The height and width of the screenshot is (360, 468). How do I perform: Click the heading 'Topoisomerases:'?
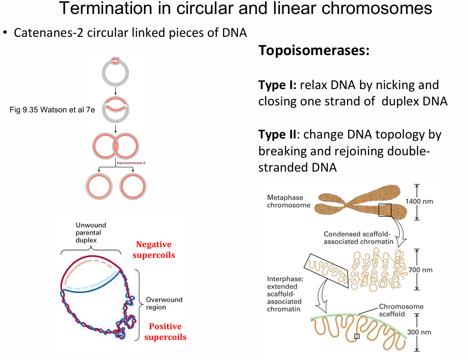pos(314,50)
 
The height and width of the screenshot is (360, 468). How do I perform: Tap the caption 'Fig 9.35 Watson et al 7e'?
pos(52,110)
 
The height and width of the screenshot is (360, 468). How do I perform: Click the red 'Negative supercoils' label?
pos(154,249)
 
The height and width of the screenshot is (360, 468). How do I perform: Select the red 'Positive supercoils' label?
pos(165,332)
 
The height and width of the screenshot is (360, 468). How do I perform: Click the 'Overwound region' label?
pos(164,304)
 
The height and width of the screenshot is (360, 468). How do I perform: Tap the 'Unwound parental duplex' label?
pos(91,232)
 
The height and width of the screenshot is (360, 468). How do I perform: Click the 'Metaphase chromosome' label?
pos(288,201)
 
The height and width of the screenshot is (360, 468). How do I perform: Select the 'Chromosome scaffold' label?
pos(401,311)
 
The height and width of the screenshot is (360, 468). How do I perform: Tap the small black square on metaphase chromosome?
pos(384,210)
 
